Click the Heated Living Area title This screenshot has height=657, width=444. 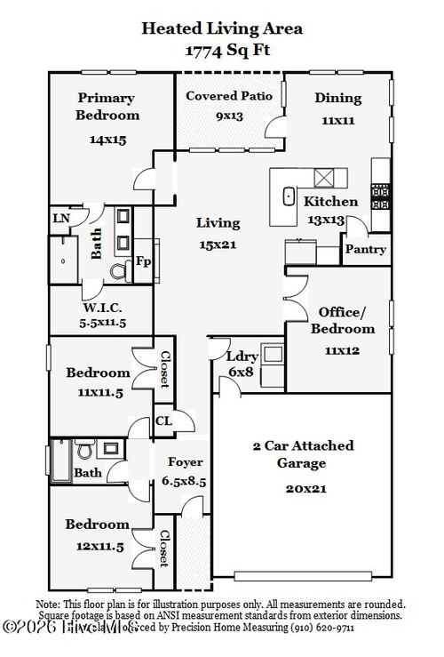click(x=222, y=28)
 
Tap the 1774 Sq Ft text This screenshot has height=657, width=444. click(x=222, y=51)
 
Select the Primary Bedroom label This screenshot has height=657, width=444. click(x=107, y=107)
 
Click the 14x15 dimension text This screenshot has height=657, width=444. click(x=107, y=140)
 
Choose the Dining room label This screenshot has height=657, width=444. click(x=337, y=98)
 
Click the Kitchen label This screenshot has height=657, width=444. click(x=330, y=202)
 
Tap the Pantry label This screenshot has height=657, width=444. click(x=366, y=250)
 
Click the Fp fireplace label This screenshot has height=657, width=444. click(x=143, y=261)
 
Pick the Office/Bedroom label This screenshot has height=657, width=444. click(x=342, y=320)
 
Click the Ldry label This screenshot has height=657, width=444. click(x=241, y=356)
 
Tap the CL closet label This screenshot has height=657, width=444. click(x=164, y=421)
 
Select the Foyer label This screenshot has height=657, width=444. click(x=185, y=462)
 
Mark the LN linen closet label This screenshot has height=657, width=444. click(x=60, y=219)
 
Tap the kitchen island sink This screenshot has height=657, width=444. click(x=288, y=196)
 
